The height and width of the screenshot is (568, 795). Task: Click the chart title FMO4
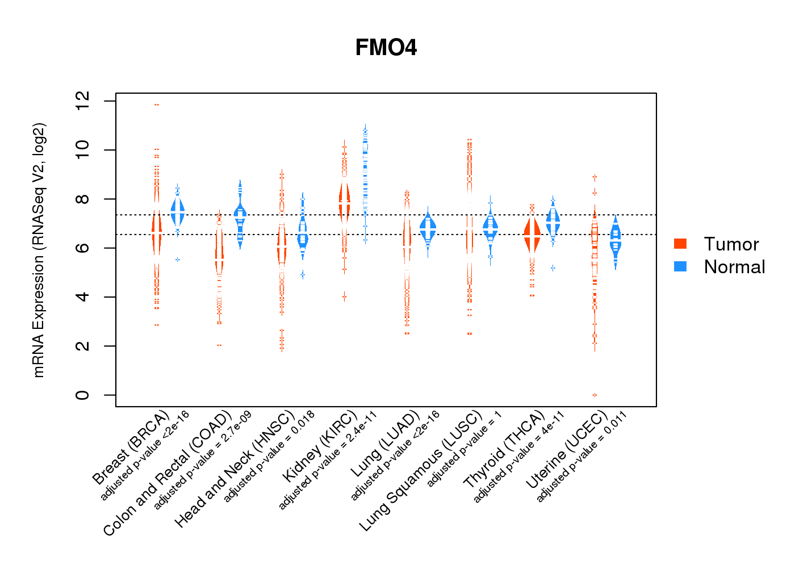tap(386, 48)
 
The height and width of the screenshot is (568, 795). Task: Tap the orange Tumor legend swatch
tap(680, 244)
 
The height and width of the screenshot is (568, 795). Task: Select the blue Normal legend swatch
tap(680, 266)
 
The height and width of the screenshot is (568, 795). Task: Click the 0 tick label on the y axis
tap(82, 395)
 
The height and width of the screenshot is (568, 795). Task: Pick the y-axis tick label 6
tap(82, 248)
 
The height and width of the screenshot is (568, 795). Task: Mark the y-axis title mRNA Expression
tap(39, 250)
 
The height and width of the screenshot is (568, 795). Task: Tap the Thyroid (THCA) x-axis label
tap(504, 449)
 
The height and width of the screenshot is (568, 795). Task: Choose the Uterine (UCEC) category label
tap(567, 449)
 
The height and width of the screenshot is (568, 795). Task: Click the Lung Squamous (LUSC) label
tap(421, 471)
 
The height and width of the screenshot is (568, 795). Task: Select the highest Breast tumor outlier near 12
tap(157, 105)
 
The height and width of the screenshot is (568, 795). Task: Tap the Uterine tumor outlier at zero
tap(595, 395)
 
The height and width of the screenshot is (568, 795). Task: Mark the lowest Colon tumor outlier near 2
tap(219, 345)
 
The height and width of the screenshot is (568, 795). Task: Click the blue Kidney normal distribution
tap(365, 170)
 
